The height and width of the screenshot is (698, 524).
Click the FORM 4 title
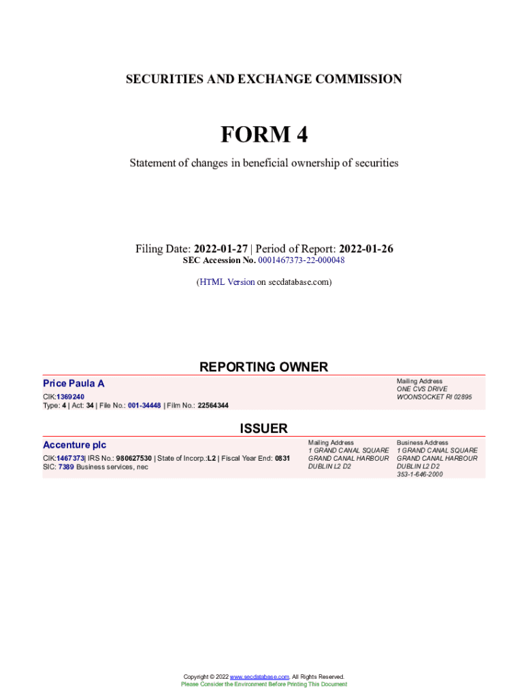(263, 135)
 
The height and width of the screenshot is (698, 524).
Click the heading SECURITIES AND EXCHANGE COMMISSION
(263, 79)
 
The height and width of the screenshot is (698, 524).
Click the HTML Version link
(227, 282)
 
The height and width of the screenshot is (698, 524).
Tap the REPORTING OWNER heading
(263, 367)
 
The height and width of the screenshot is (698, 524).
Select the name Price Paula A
(73, 384)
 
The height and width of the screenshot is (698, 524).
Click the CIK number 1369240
(71, 397)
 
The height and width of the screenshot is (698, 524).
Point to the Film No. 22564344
(213, 406)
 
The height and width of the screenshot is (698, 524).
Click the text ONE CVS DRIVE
(422, 389)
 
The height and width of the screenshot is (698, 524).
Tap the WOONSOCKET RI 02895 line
(434, 397)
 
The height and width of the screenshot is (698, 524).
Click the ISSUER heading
(263, 428)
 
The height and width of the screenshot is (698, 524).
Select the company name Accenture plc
(75, 445)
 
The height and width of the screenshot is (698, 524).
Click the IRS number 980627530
(134, 459)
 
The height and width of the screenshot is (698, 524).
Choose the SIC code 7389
(66, 467)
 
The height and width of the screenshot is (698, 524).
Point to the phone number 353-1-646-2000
(419, 474)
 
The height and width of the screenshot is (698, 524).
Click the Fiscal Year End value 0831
(282, 459)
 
